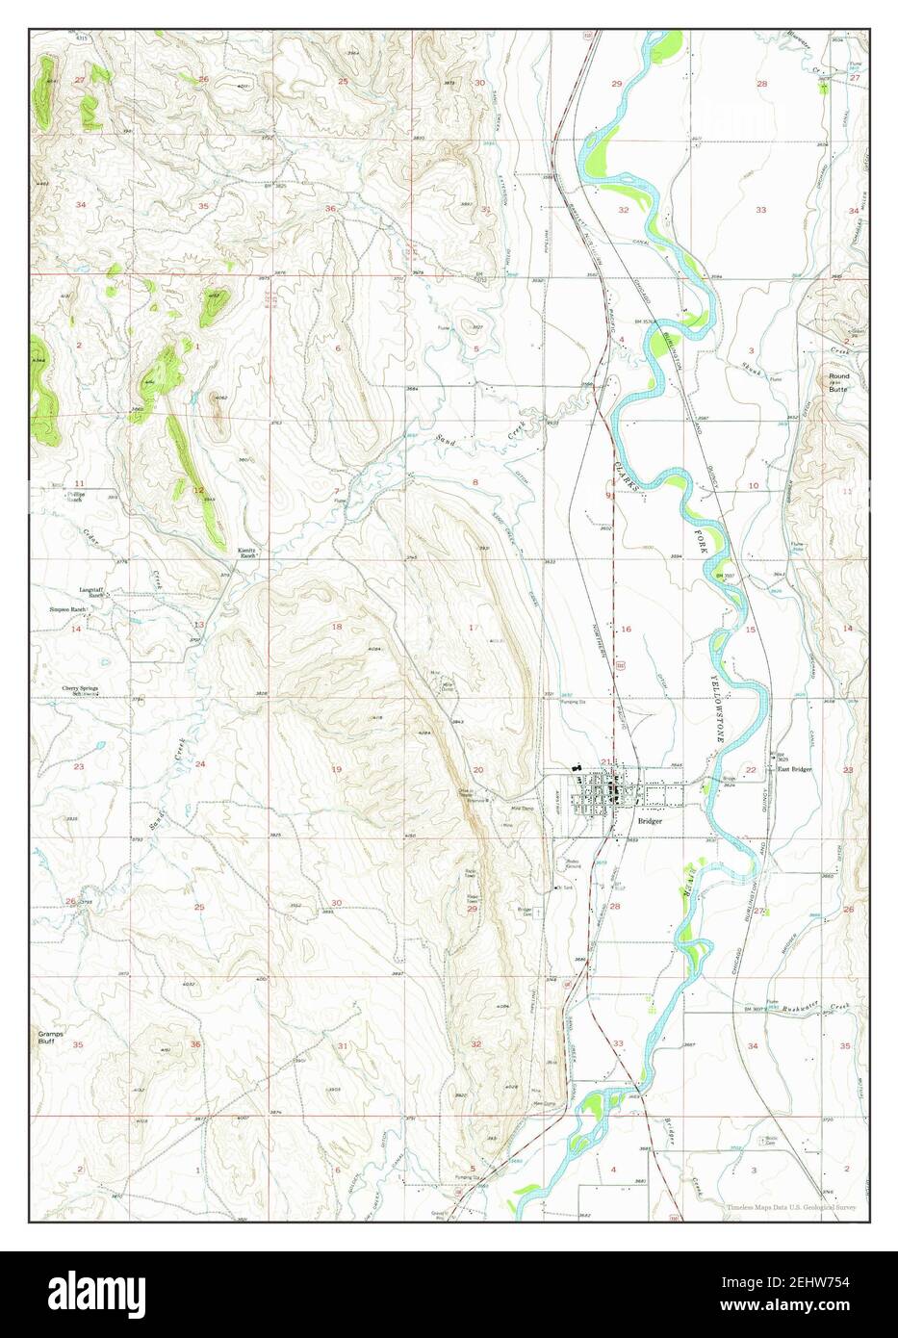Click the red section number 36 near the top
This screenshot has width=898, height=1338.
pos(330,209)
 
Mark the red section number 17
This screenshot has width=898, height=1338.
pos(472,628)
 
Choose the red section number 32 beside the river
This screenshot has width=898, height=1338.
pos(623,210)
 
